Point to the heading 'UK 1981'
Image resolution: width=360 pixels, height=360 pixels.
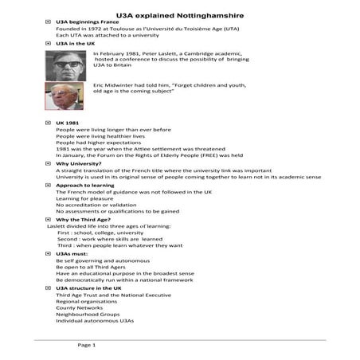click(68, 122)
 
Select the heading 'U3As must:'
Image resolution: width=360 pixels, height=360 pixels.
click(74, 253)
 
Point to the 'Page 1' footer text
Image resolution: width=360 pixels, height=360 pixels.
click(86, 345)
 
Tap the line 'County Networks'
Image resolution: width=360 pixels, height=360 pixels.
click(80, 307)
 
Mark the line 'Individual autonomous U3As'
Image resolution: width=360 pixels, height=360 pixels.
click(95, 320)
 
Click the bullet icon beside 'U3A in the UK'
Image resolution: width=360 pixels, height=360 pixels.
click(49, 43)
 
